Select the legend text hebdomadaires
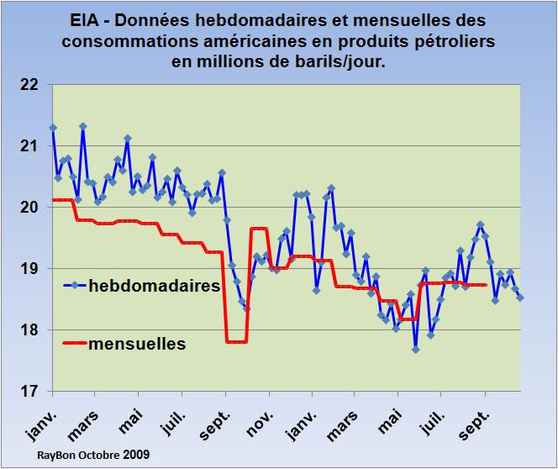pyautogui.click(x=155, y=286)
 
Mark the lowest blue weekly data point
pyautogui.click(x=415, y=350)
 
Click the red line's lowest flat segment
pyautogui.click(x=236, y=342)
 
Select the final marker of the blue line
pyautogui.click(x=520, y=298)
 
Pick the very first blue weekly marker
pyautogui.click(x=53, y=128)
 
